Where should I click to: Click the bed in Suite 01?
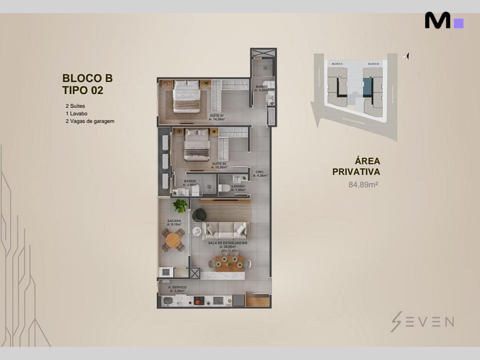186,97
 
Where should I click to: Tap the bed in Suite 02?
196,145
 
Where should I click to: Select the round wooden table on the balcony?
173,240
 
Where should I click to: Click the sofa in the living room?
225,230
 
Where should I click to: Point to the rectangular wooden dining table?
230,263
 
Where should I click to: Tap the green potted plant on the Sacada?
180,206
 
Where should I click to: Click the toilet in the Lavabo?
225,188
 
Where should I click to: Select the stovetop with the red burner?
199,300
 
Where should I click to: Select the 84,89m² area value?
363,184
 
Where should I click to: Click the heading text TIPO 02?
82,90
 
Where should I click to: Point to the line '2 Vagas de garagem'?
90,121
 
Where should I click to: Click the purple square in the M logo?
458,23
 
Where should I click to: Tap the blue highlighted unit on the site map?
368,87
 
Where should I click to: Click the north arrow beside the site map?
406,56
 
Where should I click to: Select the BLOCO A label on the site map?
337,63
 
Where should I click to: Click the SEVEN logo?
422,322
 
